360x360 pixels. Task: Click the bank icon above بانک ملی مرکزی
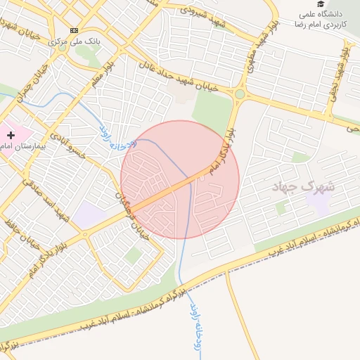tap(74, 31)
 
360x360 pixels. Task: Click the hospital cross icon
tap(11, 134)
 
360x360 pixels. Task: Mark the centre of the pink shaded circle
tap(180, 179)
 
